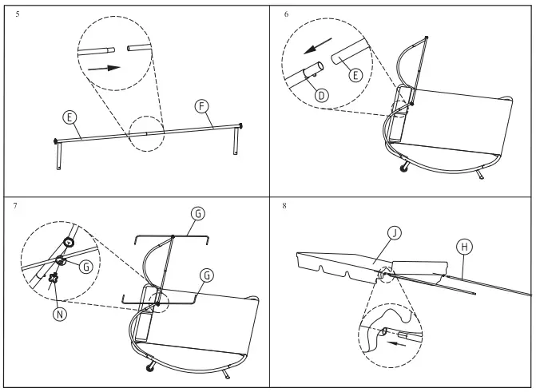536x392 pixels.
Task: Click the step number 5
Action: click(x=17, y=14)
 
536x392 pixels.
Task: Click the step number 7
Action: click(x=17, y=205)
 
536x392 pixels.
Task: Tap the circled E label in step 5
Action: click(x=70, y=117)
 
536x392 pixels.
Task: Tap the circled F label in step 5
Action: click(x=203, y=105)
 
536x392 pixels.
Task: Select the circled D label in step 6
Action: click(x=321, y=94)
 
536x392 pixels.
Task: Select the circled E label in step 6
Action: click(x=355, y=74)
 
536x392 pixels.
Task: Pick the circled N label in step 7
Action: click(x=58, y=313)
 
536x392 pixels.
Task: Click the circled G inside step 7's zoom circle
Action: click(x=85, y=266)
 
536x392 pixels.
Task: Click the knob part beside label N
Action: click(x=54, y=279)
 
